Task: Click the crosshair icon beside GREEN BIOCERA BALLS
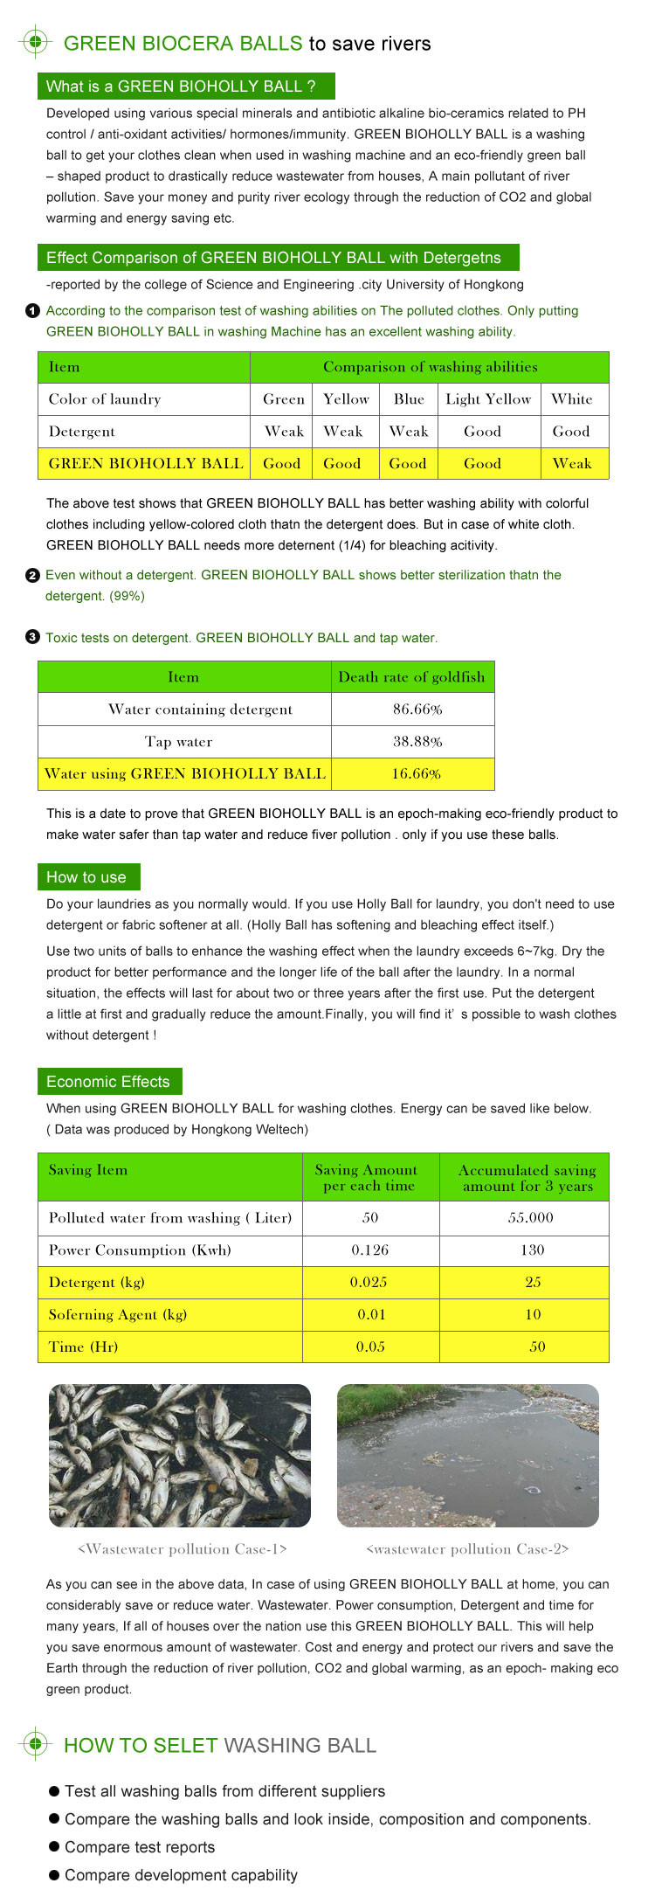tap(35, 42)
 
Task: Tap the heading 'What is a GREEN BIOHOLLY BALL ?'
tap(185, 87)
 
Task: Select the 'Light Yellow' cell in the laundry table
tap(488, 399)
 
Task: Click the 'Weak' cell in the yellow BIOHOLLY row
tap(572, 464)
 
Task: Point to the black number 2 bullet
tap(32, 575)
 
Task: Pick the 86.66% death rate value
tap(417, 710)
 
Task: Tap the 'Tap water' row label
tap(179, 742)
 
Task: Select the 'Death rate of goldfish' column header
tap(411, 677)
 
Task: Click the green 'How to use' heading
tap(87, 877)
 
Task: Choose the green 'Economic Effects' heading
tap(108, 1082)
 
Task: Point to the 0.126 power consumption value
tap(369, 1250)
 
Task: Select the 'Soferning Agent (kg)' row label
tap(118, 1315)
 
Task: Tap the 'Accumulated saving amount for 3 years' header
tap(527, 1178)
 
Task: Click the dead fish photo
tap(180, 1456)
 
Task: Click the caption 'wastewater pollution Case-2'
tap(467, 1549)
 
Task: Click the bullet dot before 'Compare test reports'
tap(54, 1846)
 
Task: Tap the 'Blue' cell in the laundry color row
tap(409, 399)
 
